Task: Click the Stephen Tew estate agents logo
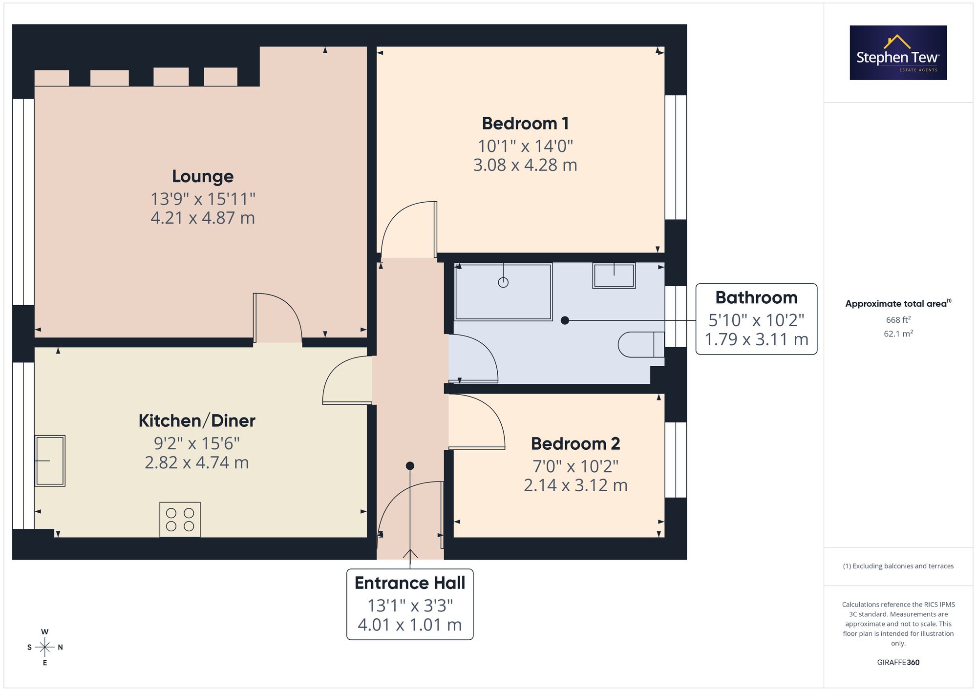[x=898, y=53]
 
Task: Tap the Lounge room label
[x=203, y=176]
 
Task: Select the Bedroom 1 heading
[x=525, y=124]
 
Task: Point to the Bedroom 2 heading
[x=575, y=444]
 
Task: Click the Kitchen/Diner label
[x=197, y=421]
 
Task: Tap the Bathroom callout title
[x=756, y=297]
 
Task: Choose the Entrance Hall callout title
[x=410, y=583]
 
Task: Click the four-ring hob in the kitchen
[x=180, y=520]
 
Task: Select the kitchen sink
[x=50, y=461]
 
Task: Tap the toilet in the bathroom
[x=641, y=344]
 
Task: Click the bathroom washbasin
[x=614, y=275]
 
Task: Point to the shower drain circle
[x=503, y=282]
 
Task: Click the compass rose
[x=45, y=648]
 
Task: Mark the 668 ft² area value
[x=898, y=320]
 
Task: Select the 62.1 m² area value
[x=898, y=334]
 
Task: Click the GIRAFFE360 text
[x=898, y=663]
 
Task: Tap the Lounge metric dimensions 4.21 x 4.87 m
[x=203, y=218]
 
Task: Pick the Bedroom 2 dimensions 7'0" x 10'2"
[x=575, y=466]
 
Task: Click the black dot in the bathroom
[x=565, y=320]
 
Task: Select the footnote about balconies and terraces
[x=898, y=566]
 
